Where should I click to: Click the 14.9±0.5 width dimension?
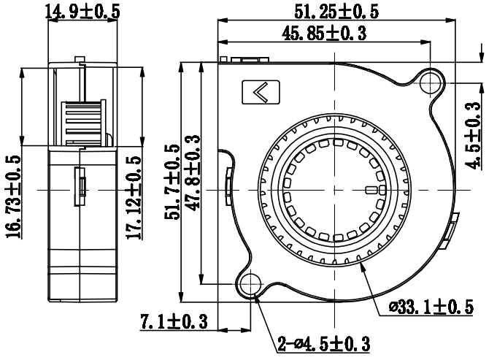[x=82, y=12]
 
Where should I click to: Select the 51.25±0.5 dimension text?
[x=336, y=12]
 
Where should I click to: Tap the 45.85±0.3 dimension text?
[x=324, y=34]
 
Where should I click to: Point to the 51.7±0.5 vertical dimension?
[x=172, y=182]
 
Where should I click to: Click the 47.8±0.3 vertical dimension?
[x=193, y=173]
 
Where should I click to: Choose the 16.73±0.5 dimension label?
[x=13, y=196]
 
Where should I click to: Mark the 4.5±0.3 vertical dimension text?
[x=472, y=136]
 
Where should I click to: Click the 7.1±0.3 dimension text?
[x=174, y=321]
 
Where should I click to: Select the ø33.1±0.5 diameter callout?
[x=431, y=307]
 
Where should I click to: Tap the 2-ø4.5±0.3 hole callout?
[x=324, y=343]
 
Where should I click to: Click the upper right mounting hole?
[x=430, y=83]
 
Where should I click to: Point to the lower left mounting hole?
[x=250, y=284]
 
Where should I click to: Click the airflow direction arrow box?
[x=261, y=92]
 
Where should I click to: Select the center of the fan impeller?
[x=335, y=191]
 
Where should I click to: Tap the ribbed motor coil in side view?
[x=83, y=123]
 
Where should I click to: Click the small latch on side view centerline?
[x=80, y=187]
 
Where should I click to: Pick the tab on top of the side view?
[x=80, y=59]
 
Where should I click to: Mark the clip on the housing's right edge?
[x=450, y=231]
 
